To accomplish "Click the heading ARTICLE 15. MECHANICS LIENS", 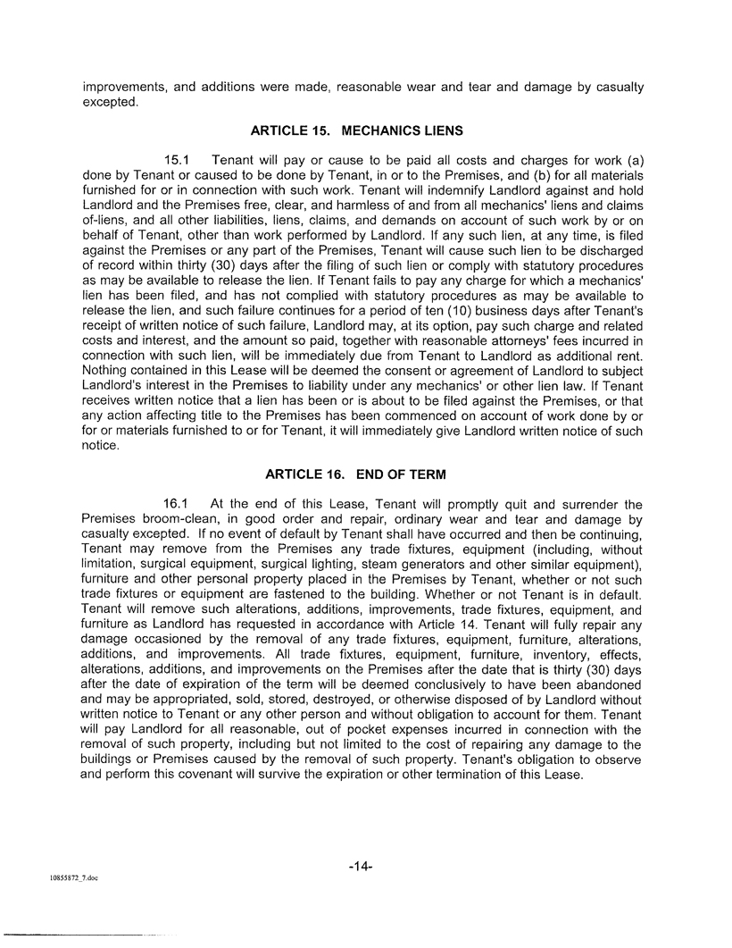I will (x=356, y=130).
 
